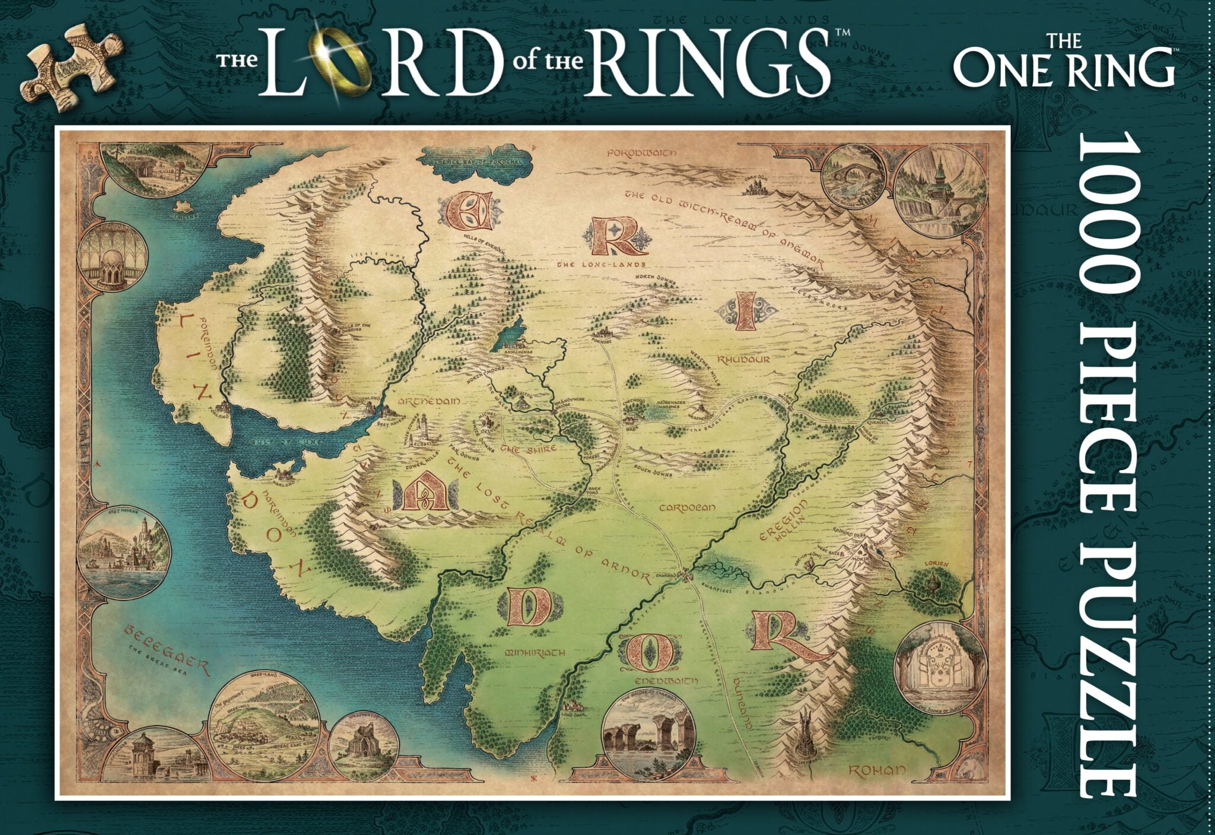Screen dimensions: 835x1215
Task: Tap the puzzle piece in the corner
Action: coord(72,65)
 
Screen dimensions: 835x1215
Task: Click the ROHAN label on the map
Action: coord(877,771)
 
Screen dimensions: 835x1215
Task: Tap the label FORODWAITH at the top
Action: coord(642,154)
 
